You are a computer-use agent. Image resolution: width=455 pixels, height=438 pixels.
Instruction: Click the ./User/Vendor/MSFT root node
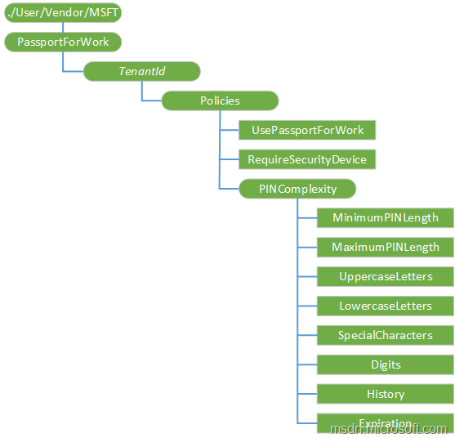click(63, 13)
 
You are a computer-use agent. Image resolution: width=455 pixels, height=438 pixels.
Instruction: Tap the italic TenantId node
click(142, 71)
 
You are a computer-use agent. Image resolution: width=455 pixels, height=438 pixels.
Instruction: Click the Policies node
click(220, 101)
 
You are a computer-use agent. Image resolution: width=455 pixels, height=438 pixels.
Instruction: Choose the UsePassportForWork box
click(307, 130)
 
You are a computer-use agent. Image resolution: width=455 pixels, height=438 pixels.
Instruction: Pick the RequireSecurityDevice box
click(307, 159)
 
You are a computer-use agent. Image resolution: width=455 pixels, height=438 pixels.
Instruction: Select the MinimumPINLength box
click(385, 217)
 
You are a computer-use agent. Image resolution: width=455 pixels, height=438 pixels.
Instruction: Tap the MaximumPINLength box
click(385, 247)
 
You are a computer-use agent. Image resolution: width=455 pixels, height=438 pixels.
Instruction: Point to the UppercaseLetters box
click(385, 276)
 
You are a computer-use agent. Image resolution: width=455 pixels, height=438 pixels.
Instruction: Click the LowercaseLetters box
click(385, 306)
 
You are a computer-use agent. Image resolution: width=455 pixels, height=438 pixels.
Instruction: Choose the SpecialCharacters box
click(385, 335)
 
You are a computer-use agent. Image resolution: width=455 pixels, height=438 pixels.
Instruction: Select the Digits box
click(385, 364)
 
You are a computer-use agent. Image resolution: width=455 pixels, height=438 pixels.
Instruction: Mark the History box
click(385, 394)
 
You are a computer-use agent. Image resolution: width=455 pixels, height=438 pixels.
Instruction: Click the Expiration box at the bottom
click(385, 420)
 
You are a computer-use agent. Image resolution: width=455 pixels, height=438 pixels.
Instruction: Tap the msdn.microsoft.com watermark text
click(389, 429)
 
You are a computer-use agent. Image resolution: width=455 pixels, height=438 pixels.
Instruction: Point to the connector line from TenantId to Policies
click(142, 92)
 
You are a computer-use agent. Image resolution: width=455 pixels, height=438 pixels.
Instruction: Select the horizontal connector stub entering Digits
click(307, 364)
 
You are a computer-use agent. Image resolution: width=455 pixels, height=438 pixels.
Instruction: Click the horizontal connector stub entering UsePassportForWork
click(229, 130)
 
